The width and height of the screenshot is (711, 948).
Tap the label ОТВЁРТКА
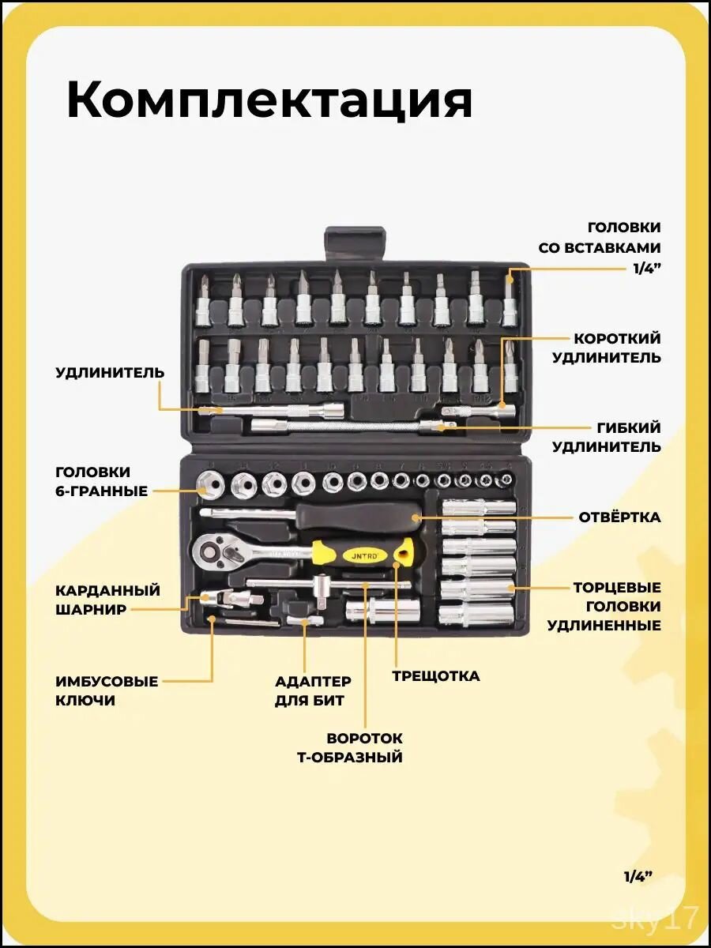pyautogui.click(x=619, y=517)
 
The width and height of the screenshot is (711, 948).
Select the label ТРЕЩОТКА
pyautogui.click(x=436, y=676)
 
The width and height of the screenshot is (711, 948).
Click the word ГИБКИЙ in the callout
pyautogui.click(x=629, y=427)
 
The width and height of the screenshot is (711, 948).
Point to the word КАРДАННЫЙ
pyautogui.click(x=108, y=590)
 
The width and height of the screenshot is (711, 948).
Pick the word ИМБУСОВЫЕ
pyautogui.click(x=107, y=682)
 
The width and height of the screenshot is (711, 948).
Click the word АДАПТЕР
pyautogui.click(x=313, y=682)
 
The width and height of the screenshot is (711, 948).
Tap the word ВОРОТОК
pyautogui.click(x=365, y=739)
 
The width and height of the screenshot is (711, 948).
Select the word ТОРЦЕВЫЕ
pyautogui.click(x=617, y=588)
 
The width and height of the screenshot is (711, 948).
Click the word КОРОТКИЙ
pyautogui.click(x=617, y=339)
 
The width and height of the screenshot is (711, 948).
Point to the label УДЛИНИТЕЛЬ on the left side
pyautogui.click(x=110, y=373)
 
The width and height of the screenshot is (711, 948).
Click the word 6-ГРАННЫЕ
pyautogui.click(x=101, y=491)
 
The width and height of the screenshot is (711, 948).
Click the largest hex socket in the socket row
pyautogui.click(x=208, y=485)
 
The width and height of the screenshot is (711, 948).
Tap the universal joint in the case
pyautogui.click(x=232, y=599)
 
